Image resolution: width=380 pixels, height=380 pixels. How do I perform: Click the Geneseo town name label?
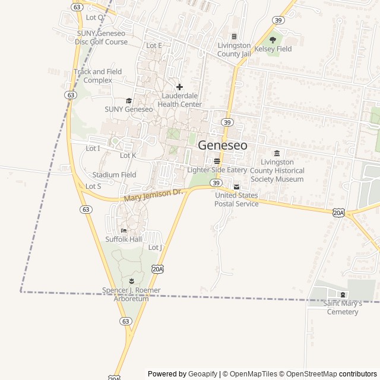pos(223,145)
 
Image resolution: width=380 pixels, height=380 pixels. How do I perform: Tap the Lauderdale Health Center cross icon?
pos(179,87)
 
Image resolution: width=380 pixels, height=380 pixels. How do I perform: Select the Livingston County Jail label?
pos(234,49)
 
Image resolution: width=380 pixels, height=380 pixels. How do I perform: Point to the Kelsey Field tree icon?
pos(273,40)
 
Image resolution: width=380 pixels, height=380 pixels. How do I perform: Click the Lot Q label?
pos(95,18)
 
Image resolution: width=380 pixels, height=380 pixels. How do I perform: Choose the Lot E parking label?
pos(154,46)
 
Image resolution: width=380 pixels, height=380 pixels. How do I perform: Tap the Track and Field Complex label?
pos(98,76)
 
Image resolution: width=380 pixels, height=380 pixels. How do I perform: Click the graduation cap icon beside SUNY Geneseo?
pos(129,100)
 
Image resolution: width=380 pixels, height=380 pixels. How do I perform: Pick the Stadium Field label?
pos(114,175)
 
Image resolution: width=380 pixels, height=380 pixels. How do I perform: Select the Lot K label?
pos(128,156)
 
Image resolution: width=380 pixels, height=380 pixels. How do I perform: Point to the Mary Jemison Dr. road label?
pos(153,195)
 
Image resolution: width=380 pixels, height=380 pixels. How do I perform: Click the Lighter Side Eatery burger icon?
pos(217,161)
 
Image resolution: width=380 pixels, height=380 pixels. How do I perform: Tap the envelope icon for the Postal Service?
pos(237,187)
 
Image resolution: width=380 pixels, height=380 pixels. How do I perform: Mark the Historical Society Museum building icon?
pos(277,153)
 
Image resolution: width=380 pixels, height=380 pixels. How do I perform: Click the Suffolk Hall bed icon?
pos(124,230)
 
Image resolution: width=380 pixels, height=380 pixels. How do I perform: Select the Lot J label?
pos(155,247)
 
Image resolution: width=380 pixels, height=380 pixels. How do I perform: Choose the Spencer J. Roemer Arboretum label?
pos(131,294)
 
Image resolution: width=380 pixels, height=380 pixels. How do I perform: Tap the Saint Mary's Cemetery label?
pos(342,308)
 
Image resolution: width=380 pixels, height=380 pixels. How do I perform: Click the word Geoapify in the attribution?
pos(202,374)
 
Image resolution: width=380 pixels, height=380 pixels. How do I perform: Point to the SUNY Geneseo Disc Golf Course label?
pos(102,38)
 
